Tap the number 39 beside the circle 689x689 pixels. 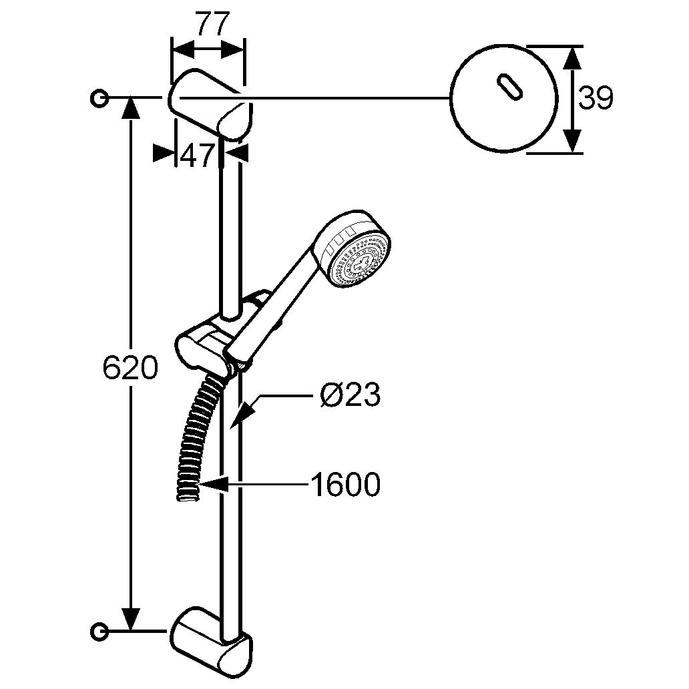(x=595, y=99)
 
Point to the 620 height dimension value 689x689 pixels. (x=130, y=368)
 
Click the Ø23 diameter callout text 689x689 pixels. (x=350, y=396)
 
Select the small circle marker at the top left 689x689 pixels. (x=99, y=98)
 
